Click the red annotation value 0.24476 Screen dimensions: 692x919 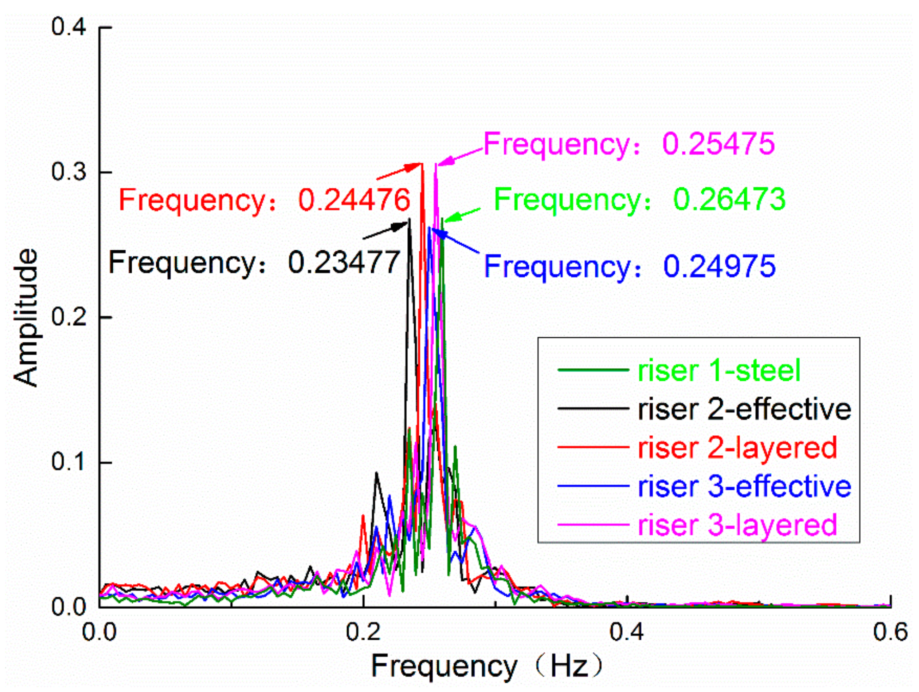coord(354,200)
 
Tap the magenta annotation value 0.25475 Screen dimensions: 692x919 coord(718,143)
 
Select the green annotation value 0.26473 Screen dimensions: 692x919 coord(729,199)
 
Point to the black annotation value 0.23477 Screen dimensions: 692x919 coord(344,262)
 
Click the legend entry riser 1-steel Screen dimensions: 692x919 coord(719,371)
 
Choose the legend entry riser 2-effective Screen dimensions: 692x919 coord(744,409)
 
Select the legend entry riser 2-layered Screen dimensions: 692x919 coord(737,448)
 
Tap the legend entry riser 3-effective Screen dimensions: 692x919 coord(744,487)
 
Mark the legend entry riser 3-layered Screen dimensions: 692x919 coord(737,525)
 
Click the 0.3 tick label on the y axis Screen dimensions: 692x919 coord(68,172)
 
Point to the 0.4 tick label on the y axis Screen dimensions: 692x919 coord(68,27)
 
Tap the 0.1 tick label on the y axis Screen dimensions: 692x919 coord(68,462)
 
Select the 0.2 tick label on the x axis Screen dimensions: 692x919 coord(363,632)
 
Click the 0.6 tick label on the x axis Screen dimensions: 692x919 coord(890,632)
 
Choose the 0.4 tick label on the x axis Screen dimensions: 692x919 coord(627,632)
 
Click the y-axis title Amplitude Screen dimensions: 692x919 coord(25,317)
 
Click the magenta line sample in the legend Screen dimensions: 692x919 coord(593,525)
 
